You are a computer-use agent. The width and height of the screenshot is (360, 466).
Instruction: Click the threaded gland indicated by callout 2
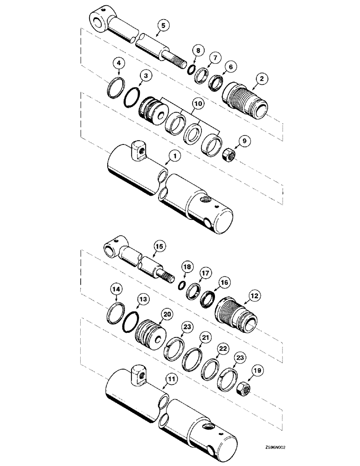coord(244,96)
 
